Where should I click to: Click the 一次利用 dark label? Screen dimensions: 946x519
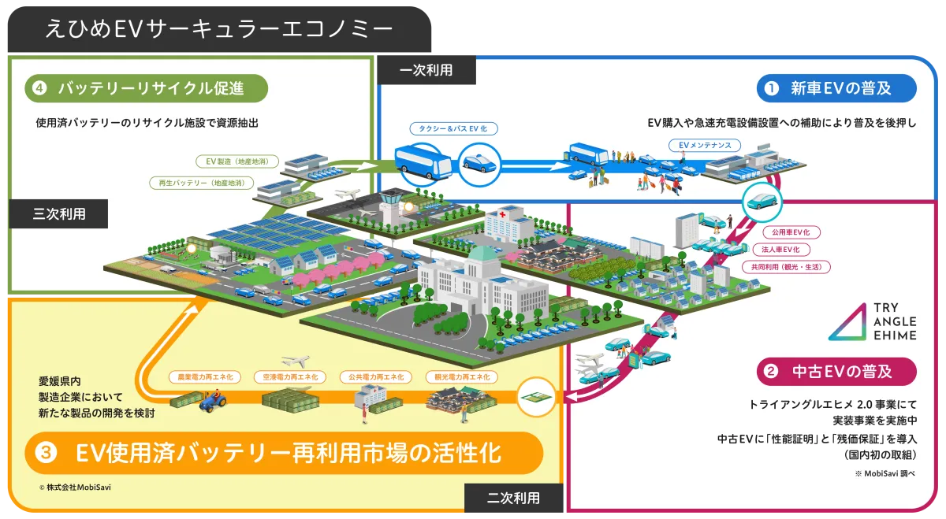pyautogui.click(x=426, y=70)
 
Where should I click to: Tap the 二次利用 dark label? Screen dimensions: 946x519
pyautogui.click(x=513, y=498)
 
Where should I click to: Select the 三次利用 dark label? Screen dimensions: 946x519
pyautogui.click(x=58, y=214)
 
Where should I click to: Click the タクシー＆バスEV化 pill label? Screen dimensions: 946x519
pyautogui.click(x=453, y=128)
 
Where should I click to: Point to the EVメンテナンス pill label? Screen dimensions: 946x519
pyautogui.click(x=705, y=145)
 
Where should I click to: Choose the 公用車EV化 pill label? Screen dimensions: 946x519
pyautogui.click(x=791, y=232)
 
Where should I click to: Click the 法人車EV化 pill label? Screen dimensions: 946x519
pyautogui.click(x=781, y=250)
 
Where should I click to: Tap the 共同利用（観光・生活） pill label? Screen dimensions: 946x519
pyautogui.click(x=786, y=267)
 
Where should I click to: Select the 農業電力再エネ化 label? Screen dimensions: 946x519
pyautogui.click(x=205, y=376)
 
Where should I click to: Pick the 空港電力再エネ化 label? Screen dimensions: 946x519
pyautogui.click(x=290, y=376)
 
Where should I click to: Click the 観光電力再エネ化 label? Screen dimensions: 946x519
pyautogui.click(x=462, y=376)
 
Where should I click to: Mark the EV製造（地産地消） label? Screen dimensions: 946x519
pyautogui.click(x=237, y=161)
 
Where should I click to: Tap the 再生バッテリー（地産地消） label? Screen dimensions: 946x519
pyautogui.click(x=202, y=183)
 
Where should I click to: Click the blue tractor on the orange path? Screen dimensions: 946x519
pyautogui.click(x=212, y=402)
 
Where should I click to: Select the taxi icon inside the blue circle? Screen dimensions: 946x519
pyautogui.click(x=479, y=164)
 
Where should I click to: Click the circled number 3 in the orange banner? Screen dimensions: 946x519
pyautogui.click(x=46, y=453)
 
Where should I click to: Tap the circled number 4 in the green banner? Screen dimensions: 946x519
pyautogui.click(x=39, y=88)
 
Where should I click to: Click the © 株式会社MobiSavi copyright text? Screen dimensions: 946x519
pyautogui.click(x=75, y=487)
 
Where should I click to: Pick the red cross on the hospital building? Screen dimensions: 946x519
pyautogui.click(x=503, y=215)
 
